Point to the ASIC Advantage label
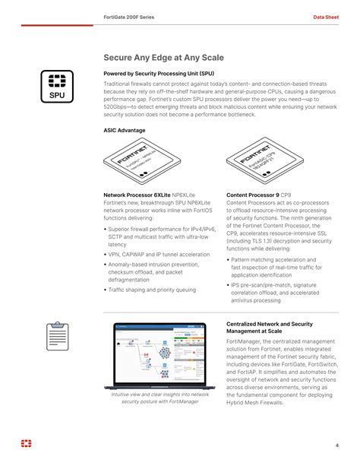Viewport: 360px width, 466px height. tap(125, 130)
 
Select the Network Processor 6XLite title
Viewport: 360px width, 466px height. tap(137, 195)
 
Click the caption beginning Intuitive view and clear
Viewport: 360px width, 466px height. tap(159, 398)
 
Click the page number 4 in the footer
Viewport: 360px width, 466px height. tap(336, 445)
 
